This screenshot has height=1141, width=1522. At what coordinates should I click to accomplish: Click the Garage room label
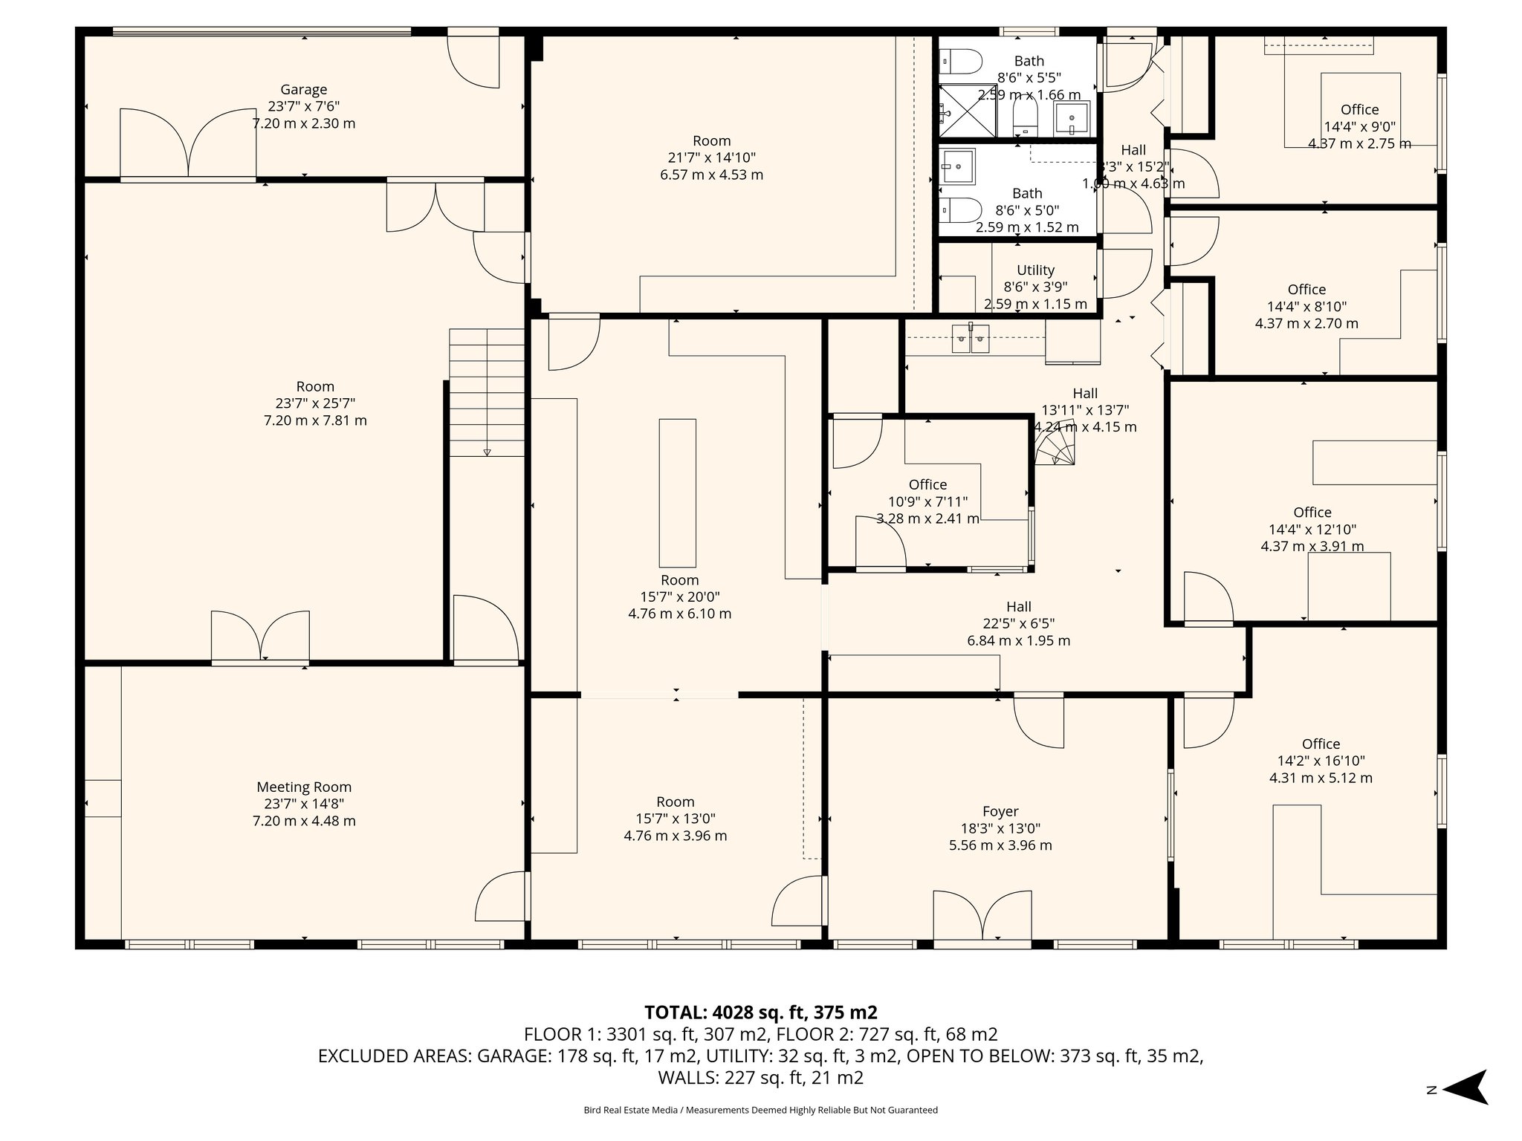[303, 90]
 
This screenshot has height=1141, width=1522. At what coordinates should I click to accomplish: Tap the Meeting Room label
[304, 787]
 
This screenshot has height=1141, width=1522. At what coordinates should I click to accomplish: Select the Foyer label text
[1000, 812]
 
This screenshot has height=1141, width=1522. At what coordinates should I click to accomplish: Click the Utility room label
[1035, 270]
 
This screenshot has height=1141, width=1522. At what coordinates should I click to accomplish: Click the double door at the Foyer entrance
[981, 917]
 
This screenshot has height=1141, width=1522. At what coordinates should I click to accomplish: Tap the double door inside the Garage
[189, 143]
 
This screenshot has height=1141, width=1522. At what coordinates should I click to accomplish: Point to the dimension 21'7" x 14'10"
[711, 157]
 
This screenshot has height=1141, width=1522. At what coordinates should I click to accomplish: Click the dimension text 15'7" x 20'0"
[679, 596]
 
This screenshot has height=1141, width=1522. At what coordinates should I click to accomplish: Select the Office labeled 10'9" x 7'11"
[927, 485]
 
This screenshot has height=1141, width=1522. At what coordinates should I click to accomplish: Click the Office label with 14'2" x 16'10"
[1321, 744]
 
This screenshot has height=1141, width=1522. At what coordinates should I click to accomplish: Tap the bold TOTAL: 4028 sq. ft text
[760, 1012]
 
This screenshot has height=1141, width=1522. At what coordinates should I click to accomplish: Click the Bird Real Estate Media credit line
[760, 1111]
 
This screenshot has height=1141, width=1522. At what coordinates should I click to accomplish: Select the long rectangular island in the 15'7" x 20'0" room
[677, 493]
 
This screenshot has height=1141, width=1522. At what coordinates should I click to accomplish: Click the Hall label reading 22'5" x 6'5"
[1019, 607]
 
